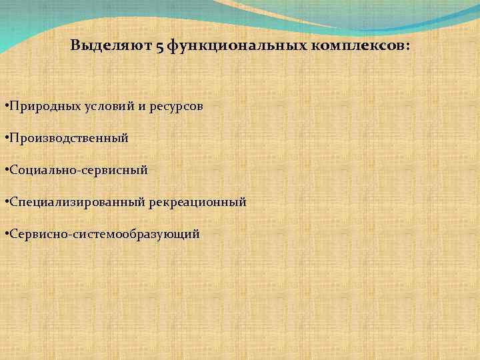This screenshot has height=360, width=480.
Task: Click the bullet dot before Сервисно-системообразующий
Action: pyautogui.click(x=5, y=234)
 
